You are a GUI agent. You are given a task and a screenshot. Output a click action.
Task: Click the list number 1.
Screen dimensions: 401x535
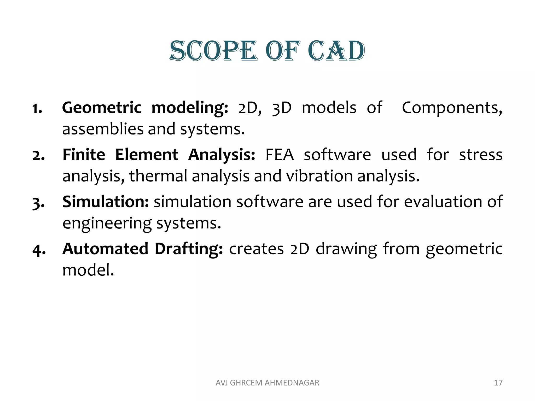[37, 109]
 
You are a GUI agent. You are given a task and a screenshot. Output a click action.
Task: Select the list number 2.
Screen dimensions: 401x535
[39, 156]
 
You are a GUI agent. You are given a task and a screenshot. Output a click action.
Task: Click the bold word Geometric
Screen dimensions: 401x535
[102, 108]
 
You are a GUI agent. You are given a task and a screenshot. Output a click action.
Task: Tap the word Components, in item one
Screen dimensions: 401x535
[452, 108]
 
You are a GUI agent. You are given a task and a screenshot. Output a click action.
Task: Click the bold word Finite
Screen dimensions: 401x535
[84, 155]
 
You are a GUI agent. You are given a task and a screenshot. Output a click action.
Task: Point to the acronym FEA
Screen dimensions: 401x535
[279, 155]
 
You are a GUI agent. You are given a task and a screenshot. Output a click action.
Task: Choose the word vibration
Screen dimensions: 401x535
[319, 176]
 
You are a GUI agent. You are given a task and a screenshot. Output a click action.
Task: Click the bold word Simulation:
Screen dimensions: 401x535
[106, 202]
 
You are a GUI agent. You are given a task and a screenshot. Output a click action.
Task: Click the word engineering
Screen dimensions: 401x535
[107, 224]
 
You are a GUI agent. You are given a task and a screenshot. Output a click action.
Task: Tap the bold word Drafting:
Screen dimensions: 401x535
[189, 249]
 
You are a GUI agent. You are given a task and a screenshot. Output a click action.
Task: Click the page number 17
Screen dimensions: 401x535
[498, 383]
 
